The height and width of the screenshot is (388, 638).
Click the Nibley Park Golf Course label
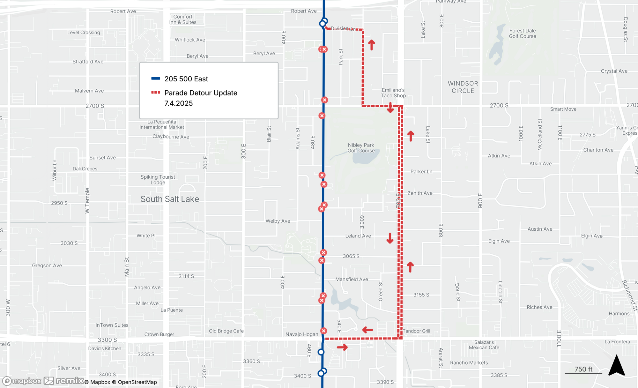[361, 148]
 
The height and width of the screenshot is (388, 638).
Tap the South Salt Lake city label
[170, 199]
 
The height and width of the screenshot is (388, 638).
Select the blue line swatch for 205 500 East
[156, 78]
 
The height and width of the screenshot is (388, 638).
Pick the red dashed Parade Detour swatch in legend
[156, 93]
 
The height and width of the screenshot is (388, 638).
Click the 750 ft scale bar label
[583, 369]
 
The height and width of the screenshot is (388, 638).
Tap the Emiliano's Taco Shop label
[393, 93]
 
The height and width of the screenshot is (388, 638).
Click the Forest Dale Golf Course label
[522, 34]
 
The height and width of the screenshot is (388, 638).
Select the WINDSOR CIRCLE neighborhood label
[463, 87]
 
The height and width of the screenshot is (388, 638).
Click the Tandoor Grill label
[416, 331]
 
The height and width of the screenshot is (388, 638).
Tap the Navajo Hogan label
[302, 334]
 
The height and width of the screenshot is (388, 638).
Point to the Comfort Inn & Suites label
[183, 19]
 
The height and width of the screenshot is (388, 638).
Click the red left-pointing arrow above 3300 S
[368, 330]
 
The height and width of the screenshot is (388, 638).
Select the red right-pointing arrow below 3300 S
[342, 347]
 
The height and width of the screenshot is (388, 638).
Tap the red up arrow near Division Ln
[372, 45]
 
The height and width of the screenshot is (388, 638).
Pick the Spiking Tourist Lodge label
[158, 180]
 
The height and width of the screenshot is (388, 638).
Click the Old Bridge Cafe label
[226, 331]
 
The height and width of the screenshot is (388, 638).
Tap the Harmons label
[619, 313]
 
